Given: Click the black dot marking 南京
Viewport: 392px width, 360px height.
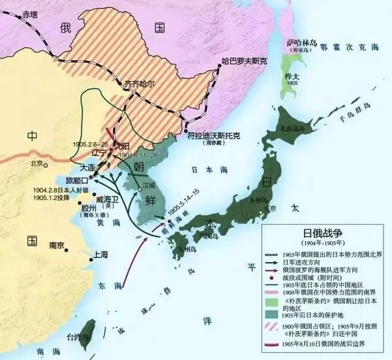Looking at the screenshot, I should pyautogui.click(x=45, y=246).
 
